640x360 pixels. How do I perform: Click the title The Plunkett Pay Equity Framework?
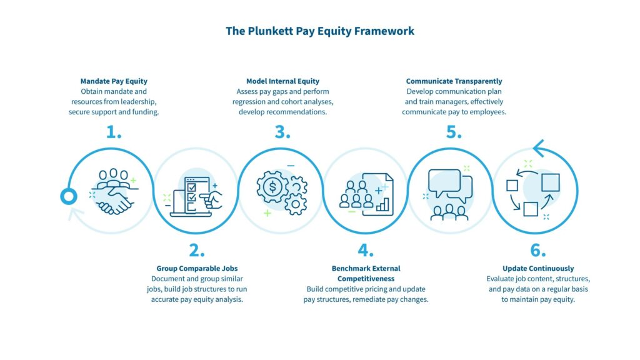click(319, 31)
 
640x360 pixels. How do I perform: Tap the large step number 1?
click(114, 132)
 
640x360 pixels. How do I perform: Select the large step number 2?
click(197, 250)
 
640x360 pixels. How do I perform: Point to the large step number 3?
click(283, 132)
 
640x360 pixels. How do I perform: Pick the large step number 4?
click(366, 250)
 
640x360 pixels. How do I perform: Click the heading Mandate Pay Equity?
click(114, 81)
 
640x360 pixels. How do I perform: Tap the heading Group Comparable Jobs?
click(197, 269)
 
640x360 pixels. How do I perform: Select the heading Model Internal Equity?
click(282, 81)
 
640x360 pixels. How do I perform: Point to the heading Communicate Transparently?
click(454, 81)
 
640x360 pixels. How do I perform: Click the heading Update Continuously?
click(538, 269)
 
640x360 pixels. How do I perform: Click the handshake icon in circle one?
click(113, 198)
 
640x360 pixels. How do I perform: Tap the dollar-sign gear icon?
click(273, 187)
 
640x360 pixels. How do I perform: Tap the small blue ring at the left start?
click(68, 197)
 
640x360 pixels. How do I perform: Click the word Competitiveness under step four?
click(366, 278)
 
